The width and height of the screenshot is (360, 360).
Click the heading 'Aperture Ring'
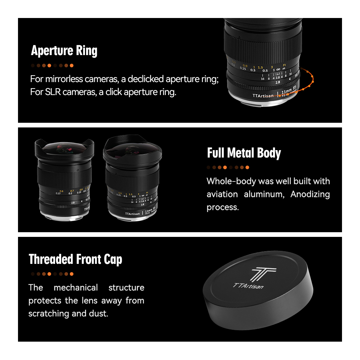point(64,51)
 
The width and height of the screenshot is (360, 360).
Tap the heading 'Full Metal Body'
point(244,153)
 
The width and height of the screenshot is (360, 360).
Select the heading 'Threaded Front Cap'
point(75,260)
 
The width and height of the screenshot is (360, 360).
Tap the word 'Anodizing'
point(310,194)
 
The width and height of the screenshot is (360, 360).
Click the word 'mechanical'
point(76,287)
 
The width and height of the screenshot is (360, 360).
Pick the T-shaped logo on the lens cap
point(264,274)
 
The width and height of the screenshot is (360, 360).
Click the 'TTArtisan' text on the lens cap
point(248,286)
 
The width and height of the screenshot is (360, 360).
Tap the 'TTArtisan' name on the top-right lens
point(263,96)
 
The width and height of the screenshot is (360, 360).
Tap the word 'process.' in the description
point(223,208)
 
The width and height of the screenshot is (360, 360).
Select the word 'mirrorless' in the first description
point(64,79)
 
